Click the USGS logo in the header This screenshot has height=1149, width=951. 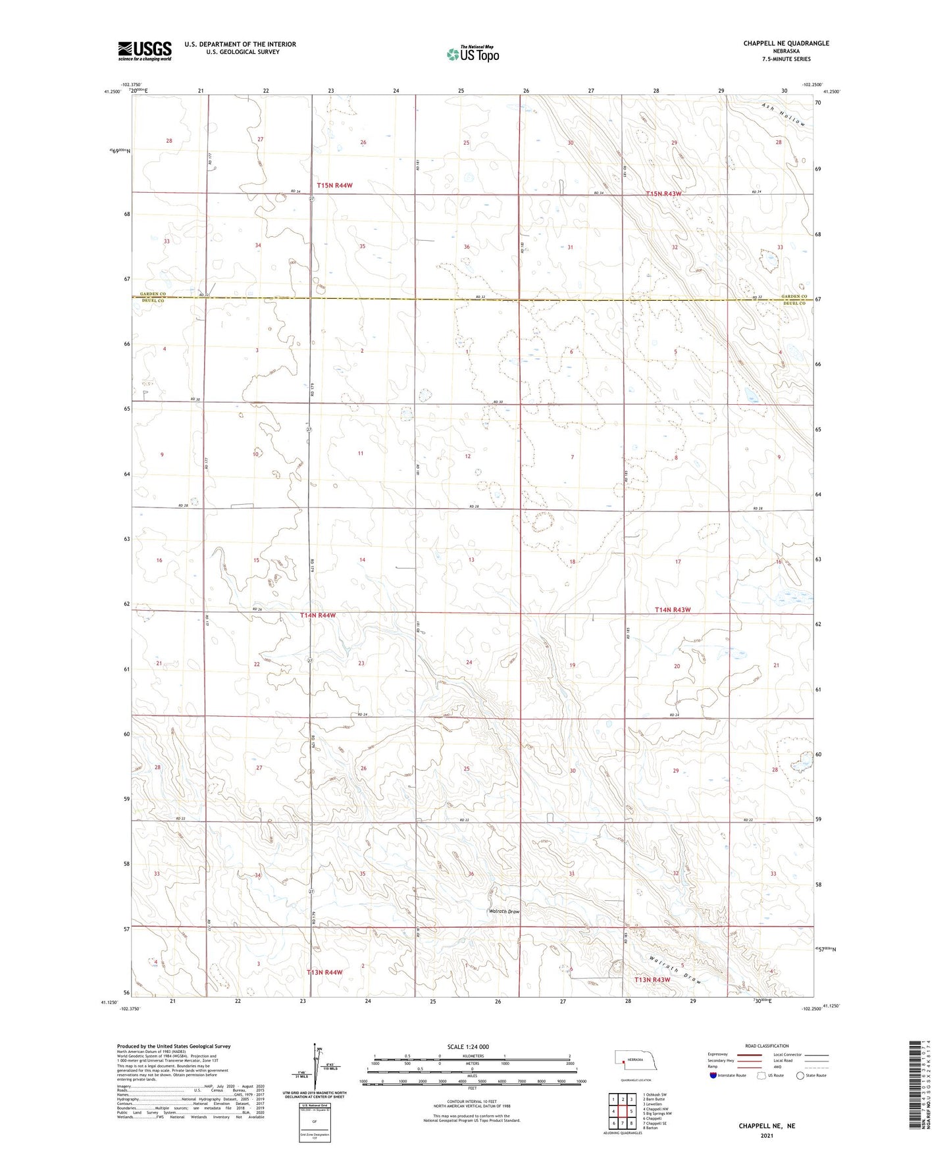click(x=145, y=51)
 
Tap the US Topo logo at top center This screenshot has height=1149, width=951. click(x=472, y=54)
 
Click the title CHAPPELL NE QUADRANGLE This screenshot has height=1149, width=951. click(x=786, y=43)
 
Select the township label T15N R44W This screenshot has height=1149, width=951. click(x=334, y=186)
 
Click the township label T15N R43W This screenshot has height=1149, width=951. click(x=663, y=194)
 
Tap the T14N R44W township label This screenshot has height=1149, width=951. click(x=318, y=615)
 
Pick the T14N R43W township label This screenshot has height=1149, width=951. click(x=673, y=610)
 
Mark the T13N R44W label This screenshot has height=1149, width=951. click(x=325, y=972)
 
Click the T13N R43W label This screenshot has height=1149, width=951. click(x=652, y=980)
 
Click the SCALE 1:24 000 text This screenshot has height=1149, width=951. click(x=468, y=1047)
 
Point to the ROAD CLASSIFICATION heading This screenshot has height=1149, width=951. click(x=766, y=1046)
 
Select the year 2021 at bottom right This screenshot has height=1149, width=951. click(x=766, y=1136)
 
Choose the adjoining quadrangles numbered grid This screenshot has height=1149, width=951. click(x=622, y=1110)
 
